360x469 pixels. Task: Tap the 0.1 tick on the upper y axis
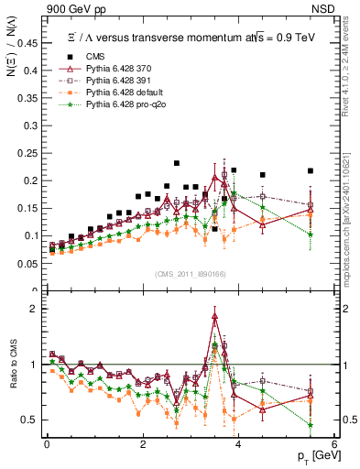tap(31, 235)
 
